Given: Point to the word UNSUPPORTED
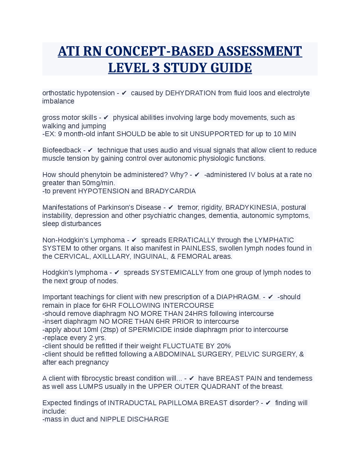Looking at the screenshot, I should click(x=216, y=134).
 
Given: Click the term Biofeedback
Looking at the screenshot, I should click(x=62, y=150).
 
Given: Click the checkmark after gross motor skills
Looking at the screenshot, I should click(x=106, y=117).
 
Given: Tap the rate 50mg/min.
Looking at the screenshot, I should click(x=99, y=183).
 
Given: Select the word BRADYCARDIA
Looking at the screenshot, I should click(x=170, y=191).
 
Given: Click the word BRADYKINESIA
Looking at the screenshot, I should click(x=251, y=207).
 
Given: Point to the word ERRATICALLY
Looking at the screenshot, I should click(x=191, y=240).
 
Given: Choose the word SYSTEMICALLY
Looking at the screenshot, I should click(x=177, y=272).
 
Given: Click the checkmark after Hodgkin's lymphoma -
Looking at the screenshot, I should click(x=117, y=272).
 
